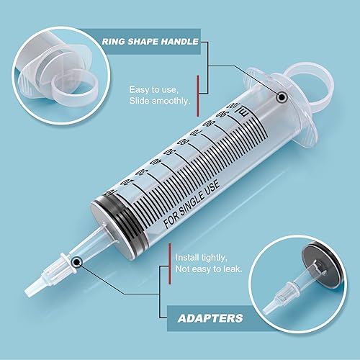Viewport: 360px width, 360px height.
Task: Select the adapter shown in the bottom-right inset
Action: [x=287, y=295]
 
